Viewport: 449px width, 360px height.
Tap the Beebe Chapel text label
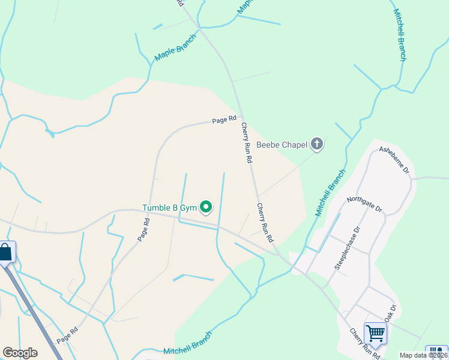click(x=282, y=144)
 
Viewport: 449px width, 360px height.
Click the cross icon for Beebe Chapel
click(x=317, y=144)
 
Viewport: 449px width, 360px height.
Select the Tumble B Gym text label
click(x=169, y=208)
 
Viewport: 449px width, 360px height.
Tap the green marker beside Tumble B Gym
click(x=206, y=208)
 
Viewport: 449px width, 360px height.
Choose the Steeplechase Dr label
click(x=347, y=248)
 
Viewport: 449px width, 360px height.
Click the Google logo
click(x=20, y=353)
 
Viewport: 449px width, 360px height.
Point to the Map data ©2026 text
click(x=424, y=355)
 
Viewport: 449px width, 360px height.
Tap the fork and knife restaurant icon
click(x=436, y=353)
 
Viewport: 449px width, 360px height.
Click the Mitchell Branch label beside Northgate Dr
click(x=330, y=193)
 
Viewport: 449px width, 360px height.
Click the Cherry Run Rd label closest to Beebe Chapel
click(x=246, y=143)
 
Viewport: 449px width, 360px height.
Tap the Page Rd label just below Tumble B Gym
click(x=143, y=229)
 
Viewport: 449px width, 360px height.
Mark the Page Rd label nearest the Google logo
click(x=67, y=335)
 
